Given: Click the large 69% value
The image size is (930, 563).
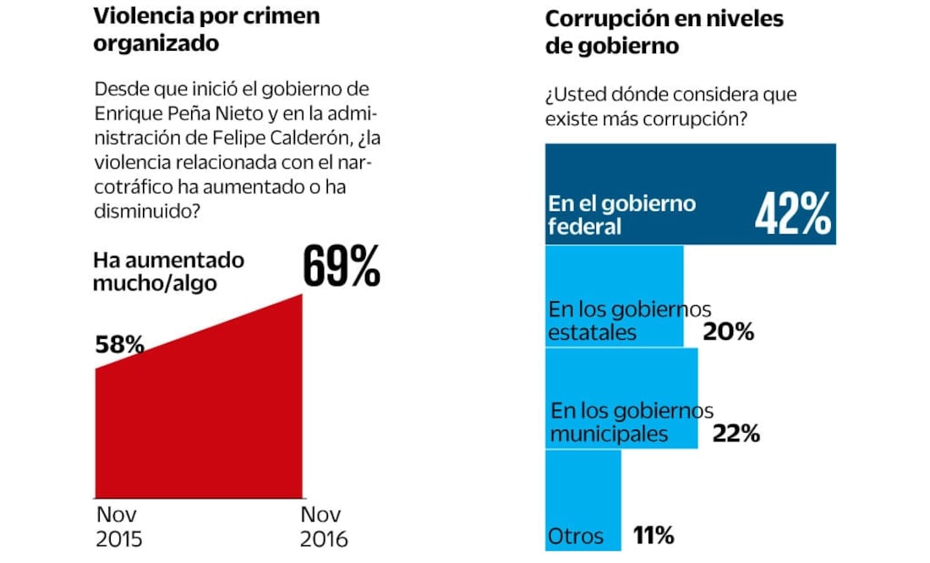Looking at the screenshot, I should pyautogui.click(x=342, y=267).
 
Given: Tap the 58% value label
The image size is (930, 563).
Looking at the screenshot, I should pyautogui.click(x=119, y=344).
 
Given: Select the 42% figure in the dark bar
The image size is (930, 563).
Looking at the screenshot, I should pyautogui.click(x=792, y=215).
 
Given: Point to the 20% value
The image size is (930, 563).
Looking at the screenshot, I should pyautogui.click(x=728, y=332).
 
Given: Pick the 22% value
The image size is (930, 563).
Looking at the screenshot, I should pyautogui.click(x=736, y=435).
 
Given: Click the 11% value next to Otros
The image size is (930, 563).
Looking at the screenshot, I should pyautogui.click(x=653, y=535).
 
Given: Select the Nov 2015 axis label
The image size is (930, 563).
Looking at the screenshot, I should pyautogui.click(x=119, y=526).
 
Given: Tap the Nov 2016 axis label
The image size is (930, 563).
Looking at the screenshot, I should pyautogui.click(x=325, y=526).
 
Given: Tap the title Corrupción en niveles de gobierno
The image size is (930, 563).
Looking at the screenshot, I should pyautogui.click(x=664, y=32).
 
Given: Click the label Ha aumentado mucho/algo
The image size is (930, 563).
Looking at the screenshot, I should pyautogui.click(x=168, y=271).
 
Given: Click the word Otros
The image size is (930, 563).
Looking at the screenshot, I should pyautogui.click(x=576, y=536).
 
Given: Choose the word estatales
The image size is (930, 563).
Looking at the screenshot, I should pyautogui.click(x=592, y=332).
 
